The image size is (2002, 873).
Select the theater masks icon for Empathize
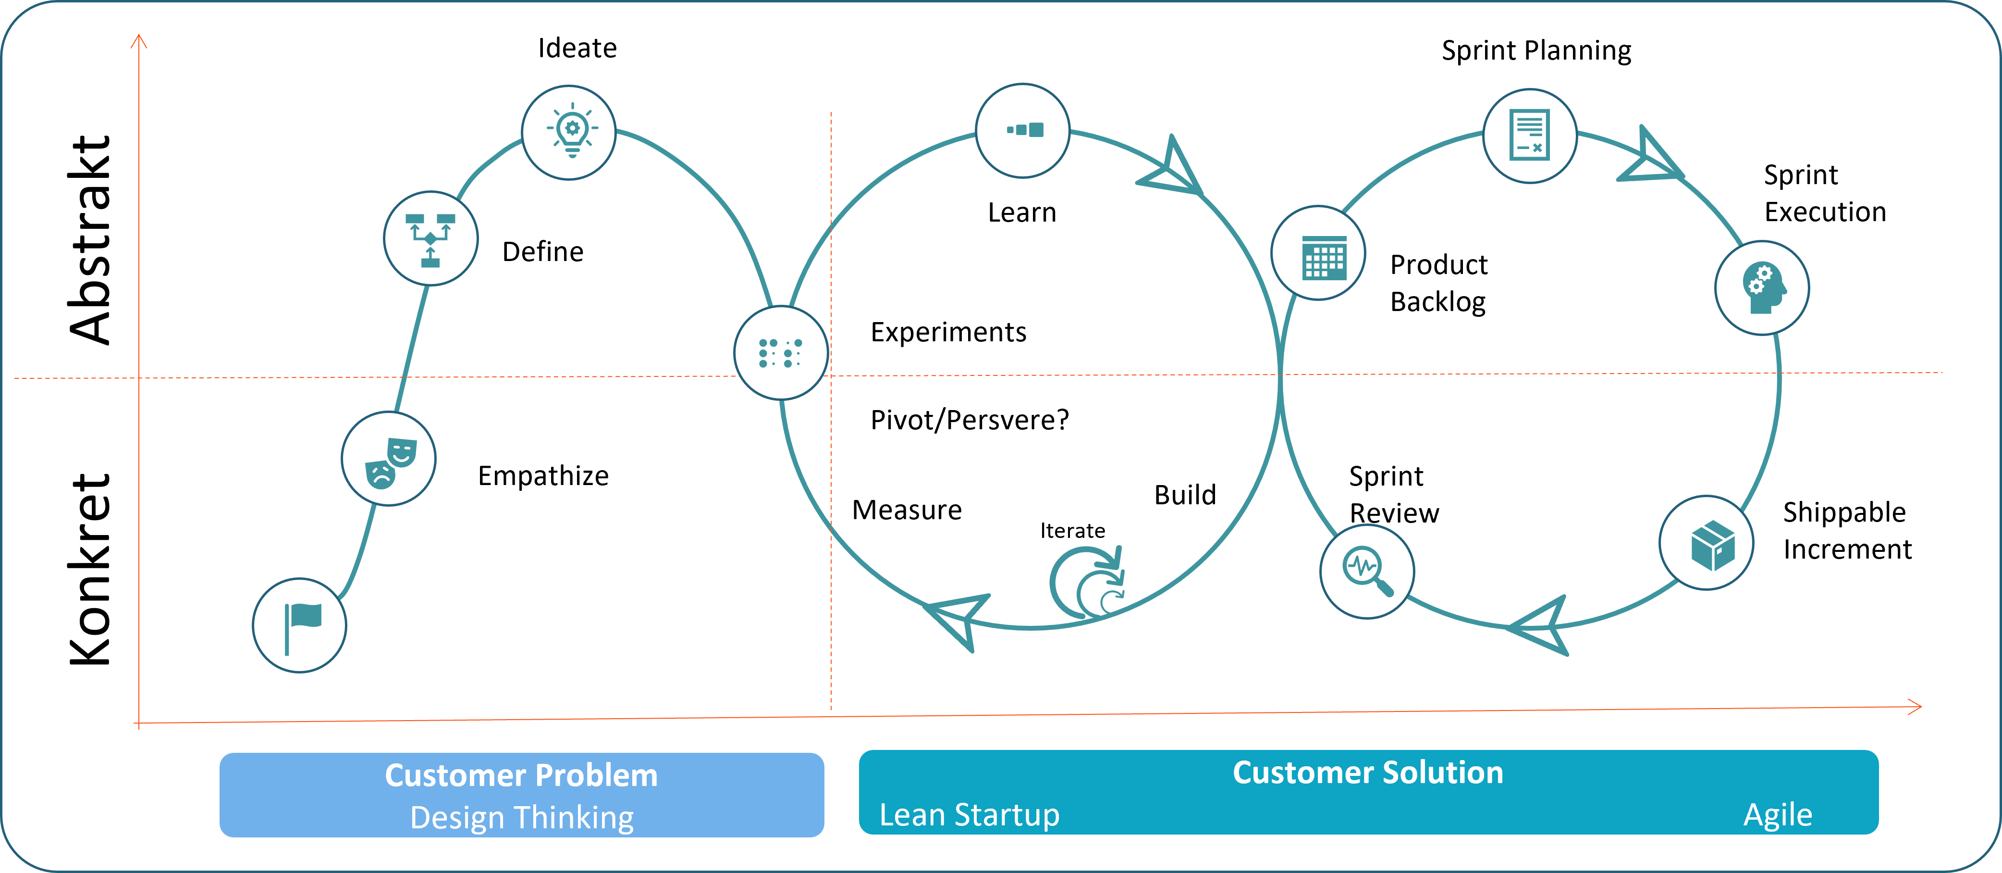tap(389, 460)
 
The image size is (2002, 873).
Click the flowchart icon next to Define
tap(430, 238)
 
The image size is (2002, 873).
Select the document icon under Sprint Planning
tap(1529, 136)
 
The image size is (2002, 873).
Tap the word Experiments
tap(948, 333)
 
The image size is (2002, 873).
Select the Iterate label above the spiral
tap(1072, 531)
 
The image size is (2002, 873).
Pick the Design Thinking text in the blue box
tap(521, 818)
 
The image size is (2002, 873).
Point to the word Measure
tap(907, 511)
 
